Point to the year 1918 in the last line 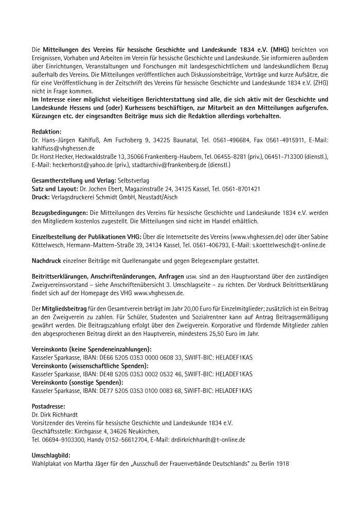click(x=282, y=464)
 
